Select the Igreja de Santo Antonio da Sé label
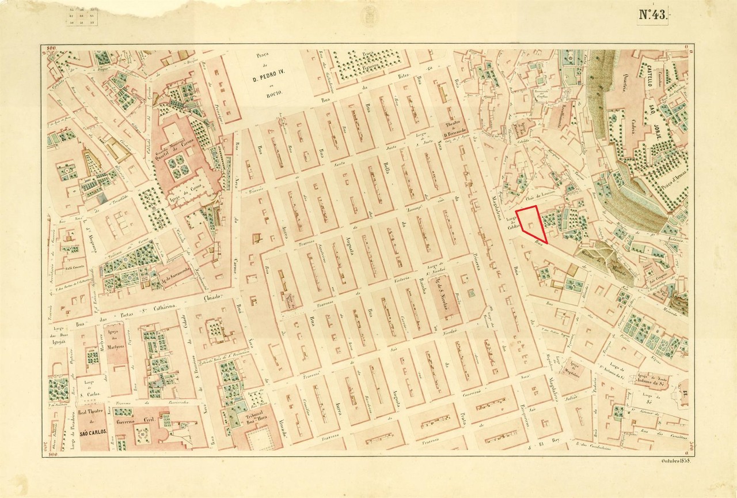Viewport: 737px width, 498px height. click(x=651, y=379)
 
